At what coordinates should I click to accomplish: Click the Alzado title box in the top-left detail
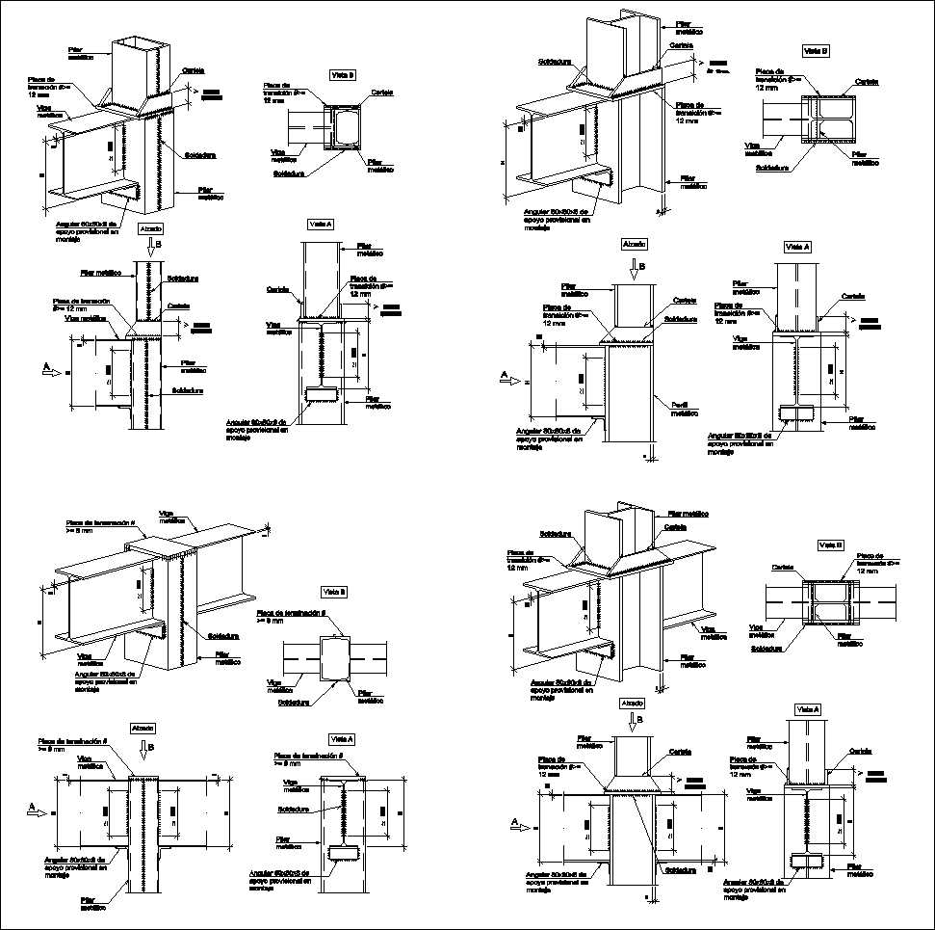[x=151, y=229]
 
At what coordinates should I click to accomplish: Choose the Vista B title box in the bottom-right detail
[x=830, y=545]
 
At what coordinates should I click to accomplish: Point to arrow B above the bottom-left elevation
[x=143, y=749]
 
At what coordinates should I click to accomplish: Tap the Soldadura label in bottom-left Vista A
[x=292, y=810]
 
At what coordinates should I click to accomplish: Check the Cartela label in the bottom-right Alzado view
[x=680, y=752]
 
